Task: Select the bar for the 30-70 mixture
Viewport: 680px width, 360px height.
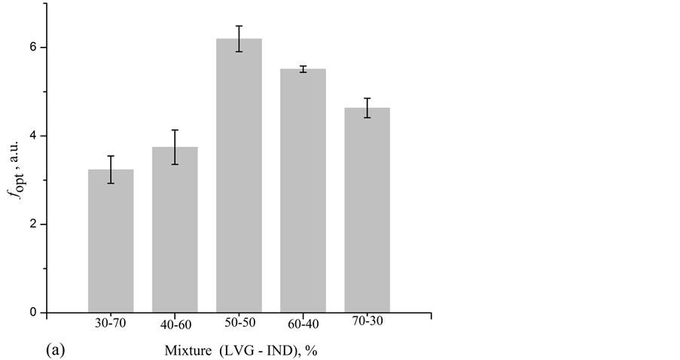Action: point(111,241)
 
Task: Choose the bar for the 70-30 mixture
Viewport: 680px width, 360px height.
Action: point(367,210)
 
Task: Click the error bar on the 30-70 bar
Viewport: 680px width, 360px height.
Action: point(111,169)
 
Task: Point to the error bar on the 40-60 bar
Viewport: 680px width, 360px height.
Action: point(175,147)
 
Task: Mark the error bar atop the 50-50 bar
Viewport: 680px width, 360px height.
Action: point(239,38)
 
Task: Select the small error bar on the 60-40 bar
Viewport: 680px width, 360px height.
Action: point(303,69)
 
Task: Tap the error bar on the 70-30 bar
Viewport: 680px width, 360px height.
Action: point(367,108)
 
